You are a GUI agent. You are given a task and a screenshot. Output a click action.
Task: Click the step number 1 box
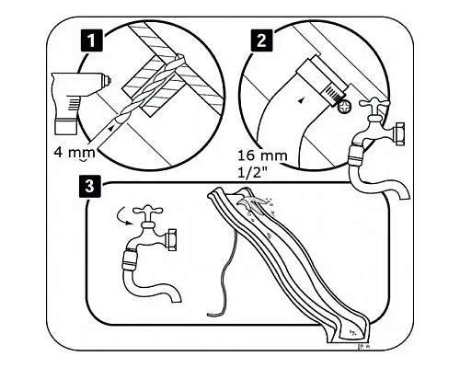pyautogui.click(x=91, y=40)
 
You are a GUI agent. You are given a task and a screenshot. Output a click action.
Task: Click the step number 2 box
pyautogui.click(x=261, y=40)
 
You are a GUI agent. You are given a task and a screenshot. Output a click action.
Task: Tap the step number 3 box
pyautogui.click(x=89, y=186)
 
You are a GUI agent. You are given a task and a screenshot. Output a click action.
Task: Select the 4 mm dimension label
pyautogui.click(x=75, y=152)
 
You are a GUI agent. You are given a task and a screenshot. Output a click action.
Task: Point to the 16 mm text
pyautogui.click(x=262, y=155)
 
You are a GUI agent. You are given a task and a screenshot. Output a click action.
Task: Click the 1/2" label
pyautogui.click(x=252, y=173)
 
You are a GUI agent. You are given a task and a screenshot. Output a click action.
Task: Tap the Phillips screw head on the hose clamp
pyautogui.click(x=344, y=107)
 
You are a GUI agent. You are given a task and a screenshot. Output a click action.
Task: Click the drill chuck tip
pyautogui.click(x=107, y=80)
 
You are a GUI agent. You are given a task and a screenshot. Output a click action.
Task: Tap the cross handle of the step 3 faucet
pyautogui.click(x=148, y=212)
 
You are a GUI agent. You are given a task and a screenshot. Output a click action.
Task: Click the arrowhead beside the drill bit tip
pyautogui.click(x=111, y=127)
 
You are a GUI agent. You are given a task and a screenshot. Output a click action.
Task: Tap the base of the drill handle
pyautogui.click(x=66, y=127)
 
